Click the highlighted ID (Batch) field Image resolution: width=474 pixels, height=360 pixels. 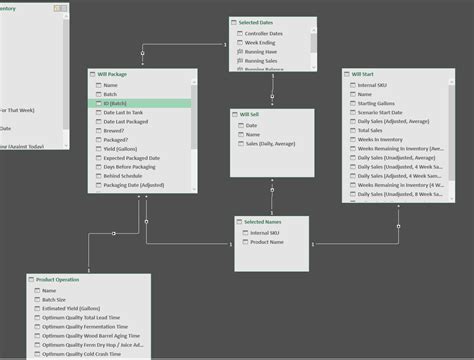point(117,103)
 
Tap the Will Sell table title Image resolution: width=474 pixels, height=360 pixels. point(250,115)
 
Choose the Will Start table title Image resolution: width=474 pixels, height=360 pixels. point(362,74)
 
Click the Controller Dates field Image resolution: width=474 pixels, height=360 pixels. point(264,34)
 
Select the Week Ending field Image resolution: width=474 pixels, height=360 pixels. point(260,43)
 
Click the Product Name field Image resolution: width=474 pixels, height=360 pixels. point(268,242)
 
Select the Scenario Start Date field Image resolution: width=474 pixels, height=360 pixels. point(384,112)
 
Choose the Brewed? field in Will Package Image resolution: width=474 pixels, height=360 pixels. point(115,131)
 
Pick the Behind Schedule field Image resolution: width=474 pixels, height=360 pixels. point(123,176)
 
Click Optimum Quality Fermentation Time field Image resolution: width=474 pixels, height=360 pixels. point(91,327)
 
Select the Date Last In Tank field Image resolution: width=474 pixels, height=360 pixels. point(123,112)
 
